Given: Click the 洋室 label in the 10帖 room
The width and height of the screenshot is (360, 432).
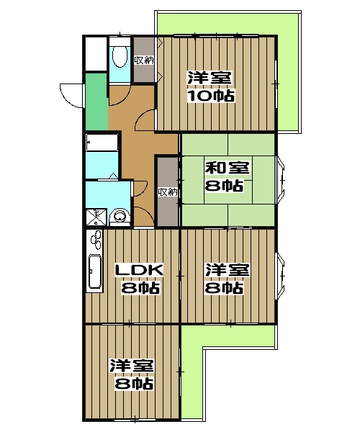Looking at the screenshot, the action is pyautogui.click(x=210, y=78).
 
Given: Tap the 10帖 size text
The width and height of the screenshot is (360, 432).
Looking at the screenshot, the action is pyautogui.click(x=211, y=95).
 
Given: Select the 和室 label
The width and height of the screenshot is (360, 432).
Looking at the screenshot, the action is pyautogui.click(x=228, y=168).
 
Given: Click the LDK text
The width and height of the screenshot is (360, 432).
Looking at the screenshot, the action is pyautogui.click(x=139, y=270).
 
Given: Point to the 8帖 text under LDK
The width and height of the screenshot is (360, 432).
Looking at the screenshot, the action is pyautogui.click(x=140, y=288).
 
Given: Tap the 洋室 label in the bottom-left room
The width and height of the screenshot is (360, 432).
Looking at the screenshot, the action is pyautogui.click(x=132, y=366).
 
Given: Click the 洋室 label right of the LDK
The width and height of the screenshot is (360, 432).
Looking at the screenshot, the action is pyautogui.click(x=228, y=270).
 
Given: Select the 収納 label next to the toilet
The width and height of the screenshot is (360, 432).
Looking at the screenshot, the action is pyautogui.click(x=144, y=60).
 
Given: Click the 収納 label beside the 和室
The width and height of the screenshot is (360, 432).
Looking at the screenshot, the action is pyautogui.click(x=168, y=192).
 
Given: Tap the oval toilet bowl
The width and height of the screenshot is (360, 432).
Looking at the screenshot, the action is pyautogui.click(x=120, y=56).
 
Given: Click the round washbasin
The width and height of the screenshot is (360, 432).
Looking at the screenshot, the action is pyautogui.click(x=120, y=216).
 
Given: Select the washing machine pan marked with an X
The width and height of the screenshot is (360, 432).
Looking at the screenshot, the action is pyautogui.click(x=96, y=217).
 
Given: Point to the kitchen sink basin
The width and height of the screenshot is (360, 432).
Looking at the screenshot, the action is pyautogui.click(x=95, y=271).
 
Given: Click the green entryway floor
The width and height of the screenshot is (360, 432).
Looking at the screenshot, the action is pyautogui.click(x=96, y=102).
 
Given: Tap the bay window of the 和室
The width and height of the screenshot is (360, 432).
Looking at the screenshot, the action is pyautogui.click(x=281, y=180).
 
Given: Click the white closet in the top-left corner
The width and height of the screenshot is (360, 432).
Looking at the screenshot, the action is pyautogui.click(x=95, y=53).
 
